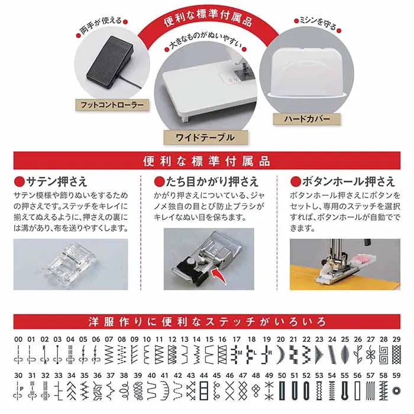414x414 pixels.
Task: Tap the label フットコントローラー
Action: [112, 105]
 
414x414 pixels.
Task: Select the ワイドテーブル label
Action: [205, 137]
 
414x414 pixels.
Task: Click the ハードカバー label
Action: [307, 119]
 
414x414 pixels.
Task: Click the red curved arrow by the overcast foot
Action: [219, 276]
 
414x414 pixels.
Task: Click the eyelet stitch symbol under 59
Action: [397, 390]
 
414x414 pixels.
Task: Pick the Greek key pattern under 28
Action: [384, 354]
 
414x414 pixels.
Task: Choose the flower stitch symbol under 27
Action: [371, 354]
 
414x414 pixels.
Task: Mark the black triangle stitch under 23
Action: [319, 354]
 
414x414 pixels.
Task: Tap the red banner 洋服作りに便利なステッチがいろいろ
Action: [207, 322]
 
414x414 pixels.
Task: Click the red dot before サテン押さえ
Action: [20, 182]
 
